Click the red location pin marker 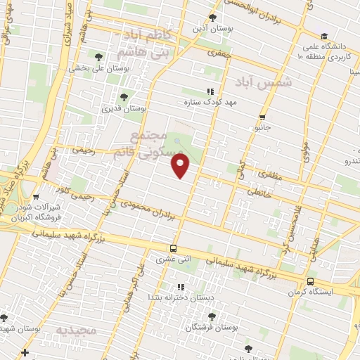(x=181, y=166)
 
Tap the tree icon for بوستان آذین (x=212, y=18)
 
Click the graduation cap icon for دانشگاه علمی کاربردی (x=323, y=37)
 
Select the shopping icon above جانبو (x=262, y=117)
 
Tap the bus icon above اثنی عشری (x=173, y=248)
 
